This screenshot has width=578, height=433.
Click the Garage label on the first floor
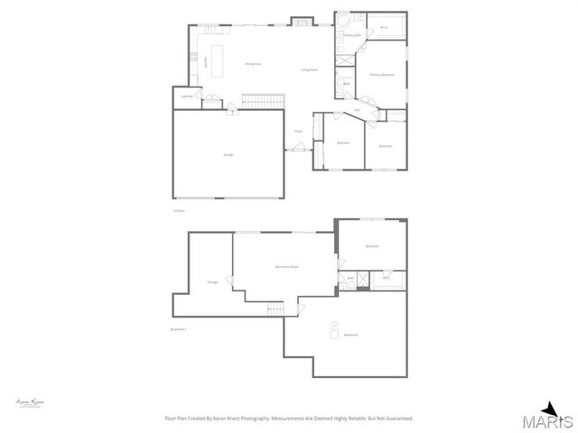tap(228, 155)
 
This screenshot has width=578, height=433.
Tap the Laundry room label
tap(186, 96)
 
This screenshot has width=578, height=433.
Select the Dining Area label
tap(253, 64)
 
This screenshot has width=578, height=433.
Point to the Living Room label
tap(308, 69)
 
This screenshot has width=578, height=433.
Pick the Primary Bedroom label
tap(382, 75)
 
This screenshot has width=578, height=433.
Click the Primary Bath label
tap(351, 35)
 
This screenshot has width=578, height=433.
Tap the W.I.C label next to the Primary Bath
tap(384, 28)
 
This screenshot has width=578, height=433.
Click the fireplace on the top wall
tap(302, 20)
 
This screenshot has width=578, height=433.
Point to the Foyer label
tap(298, 132)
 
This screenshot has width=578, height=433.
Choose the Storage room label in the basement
tap(212, 281)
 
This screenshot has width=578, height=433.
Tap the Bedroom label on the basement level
tap(372, 246)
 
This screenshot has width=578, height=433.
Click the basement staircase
tap(275, 309)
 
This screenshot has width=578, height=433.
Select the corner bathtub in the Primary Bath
tap(344, 21)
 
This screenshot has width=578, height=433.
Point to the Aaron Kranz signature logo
tap(30, 401)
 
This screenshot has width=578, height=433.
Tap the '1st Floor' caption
tap(179, 211)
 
